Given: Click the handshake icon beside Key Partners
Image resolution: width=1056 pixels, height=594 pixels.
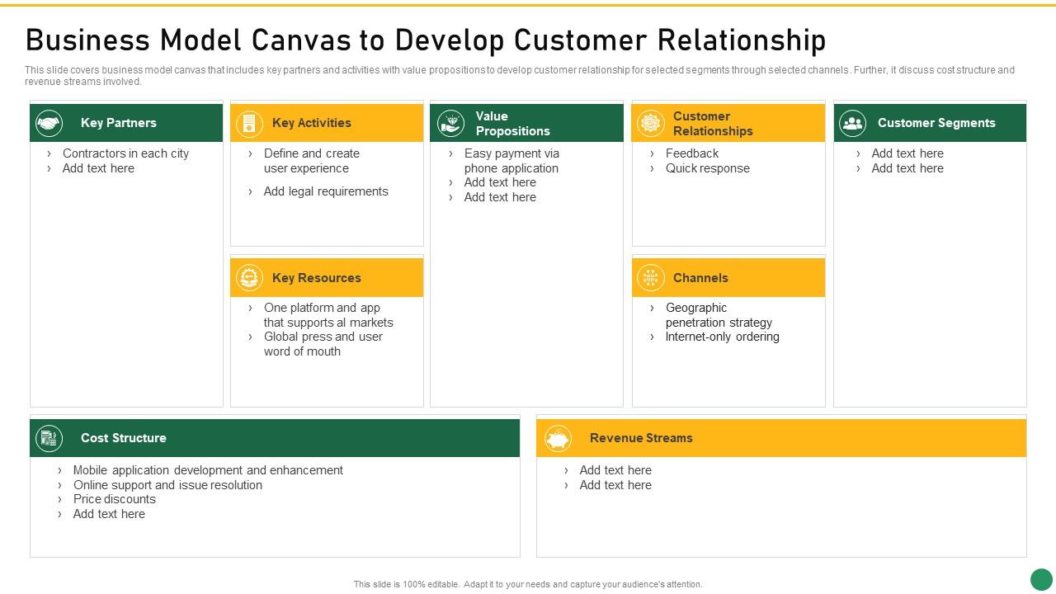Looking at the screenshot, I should point(49,124).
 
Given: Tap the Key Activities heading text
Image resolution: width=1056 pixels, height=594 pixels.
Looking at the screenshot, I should point(311,123).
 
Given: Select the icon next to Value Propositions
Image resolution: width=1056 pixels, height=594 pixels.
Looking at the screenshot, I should point(450,124).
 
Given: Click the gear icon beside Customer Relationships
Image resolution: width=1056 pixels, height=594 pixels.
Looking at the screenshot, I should point(651,124).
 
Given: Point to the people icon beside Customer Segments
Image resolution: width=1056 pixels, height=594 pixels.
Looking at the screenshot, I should point(852,124).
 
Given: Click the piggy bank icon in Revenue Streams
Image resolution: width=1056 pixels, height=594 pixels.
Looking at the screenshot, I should point(559,439).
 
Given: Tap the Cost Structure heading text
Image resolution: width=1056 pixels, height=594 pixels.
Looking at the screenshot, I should point(123,438).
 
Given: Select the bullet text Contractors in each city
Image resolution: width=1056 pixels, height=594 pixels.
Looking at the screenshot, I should point(125,153).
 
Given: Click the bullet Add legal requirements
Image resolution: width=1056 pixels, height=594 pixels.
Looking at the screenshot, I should point(326,191).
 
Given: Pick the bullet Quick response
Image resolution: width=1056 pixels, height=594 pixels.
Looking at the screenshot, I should point(707,168).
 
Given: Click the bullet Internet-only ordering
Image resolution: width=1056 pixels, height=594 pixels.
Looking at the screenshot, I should point(722,337).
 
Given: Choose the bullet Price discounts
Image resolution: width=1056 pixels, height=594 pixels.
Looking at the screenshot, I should point(114,499).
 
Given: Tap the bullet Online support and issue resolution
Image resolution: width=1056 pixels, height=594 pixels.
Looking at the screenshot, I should point(167,485).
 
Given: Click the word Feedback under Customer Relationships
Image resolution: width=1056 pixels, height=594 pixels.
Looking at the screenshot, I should point(691,153).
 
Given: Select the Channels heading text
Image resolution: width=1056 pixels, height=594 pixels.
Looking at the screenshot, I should point(700,278).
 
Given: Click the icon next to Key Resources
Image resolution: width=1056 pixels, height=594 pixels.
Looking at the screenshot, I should point(249,278).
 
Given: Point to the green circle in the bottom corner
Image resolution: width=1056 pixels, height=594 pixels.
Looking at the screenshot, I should point(1041,579).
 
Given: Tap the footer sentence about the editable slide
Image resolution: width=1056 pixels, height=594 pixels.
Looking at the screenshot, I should point(528,584).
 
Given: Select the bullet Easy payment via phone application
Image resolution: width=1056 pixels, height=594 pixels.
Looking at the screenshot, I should point(511,161).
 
